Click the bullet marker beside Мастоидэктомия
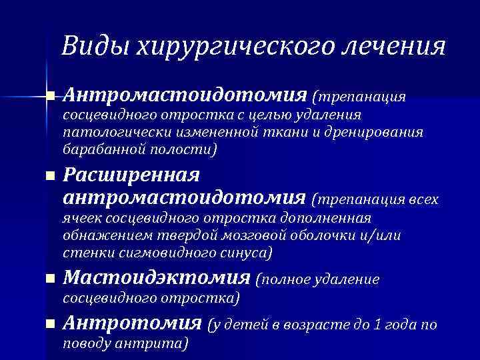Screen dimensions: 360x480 click(49, 280)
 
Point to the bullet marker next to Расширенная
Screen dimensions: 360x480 click(49, 177)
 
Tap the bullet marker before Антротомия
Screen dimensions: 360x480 click(49, 325)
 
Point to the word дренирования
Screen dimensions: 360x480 click(374, 132)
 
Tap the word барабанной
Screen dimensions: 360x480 click(99, 148)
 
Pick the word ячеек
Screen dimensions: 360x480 click(81, 219)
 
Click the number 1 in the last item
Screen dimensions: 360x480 click(377, 325)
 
